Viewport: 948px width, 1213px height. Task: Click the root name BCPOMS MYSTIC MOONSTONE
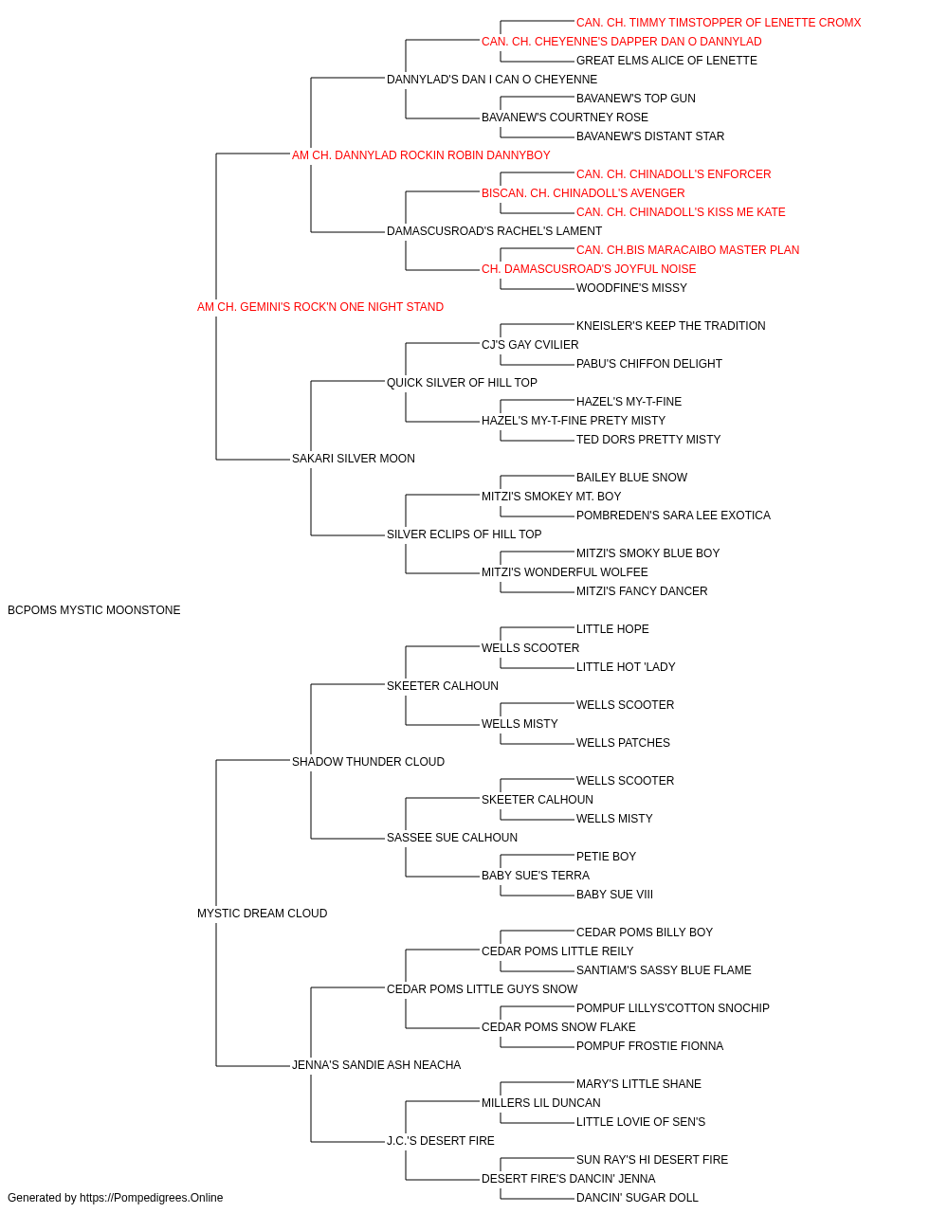[x=94, y=610]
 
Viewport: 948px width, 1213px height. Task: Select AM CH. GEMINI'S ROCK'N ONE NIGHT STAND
[x=320, y=307]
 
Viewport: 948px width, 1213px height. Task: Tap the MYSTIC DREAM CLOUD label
[x=262, y=914]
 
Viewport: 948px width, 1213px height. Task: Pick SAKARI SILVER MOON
[x=354, y=459]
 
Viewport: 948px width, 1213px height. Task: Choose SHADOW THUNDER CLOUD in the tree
[x=368, y=761]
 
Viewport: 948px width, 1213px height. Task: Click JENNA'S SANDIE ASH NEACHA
[x=376, y=1064]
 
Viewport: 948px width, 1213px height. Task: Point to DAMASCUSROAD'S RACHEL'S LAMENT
[x=494, y=231]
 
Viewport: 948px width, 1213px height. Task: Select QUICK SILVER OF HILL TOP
[x=462, y=382]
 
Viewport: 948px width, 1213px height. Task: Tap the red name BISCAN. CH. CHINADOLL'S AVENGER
[x=583, y=193]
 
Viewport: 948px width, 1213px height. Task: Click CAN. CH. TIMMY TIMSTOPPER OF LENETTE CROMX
[x=719, y=23]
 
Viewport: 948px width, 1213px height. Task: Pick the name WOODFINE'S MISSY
[x=631, y=288]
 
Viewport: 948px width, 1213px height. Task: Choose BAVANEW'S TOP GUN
[x=636, y=99]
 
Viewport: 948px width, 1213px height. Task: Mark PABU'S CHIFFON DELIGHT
[x=649, y=364]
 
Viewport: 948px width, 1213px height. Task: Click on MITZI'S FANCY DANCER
[x=642, y=591]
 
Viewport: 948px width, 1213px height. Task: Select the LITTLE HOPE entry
[x=612, y=629]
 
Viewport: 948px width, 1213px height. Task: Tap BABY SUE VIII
[x=614, y=895]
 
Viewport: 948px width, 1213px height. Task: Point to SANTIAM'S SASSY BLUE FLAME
[x=664, y=970]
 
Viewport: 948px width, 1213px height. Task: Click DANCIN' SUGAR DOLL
[x=637, y=1198]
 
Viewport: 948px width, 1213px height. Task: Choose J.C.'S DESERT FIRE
[x=441, y=1140]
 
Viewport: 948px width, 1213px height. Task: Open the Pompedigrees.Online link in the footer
[x=152, y=1198]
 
